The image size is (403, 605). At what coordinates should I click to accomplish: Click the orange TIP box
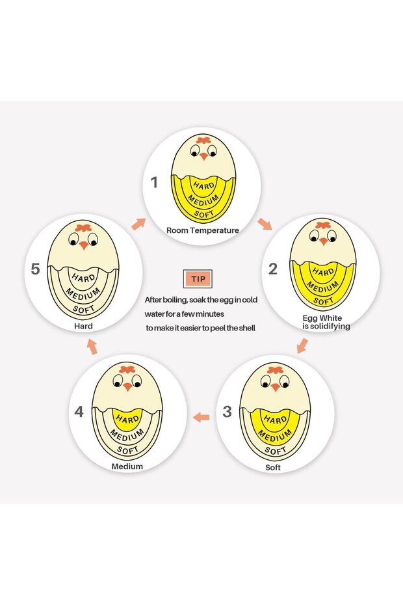198,278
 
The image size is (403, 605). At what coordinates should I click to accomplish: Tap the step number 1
154,182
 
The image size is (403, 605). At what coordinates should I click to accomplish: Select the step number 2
273,269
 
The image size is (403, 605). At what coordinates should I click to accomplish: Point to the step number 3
227,412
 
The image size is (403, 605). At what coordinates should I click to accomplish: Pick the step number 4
79,412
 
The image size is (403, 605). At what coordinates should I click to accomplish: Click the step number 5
35,269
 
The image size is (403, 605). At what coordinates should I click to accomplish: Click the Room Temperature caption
202,230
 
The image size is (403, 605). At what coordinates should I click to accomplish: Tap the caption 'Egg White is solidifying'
326,322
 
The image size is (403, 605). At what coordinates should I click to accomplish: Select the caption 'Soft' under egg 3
272,468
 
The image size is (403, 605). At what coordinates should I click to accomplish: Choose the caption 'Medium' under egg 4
127,466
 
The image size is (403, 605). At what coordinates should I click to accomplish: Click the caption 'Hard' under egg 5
83,326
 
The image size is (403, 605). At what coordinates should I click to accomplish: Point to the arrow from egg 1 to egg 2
265,224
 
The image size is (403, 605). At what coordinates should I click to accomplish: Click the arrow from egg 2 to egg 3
302,345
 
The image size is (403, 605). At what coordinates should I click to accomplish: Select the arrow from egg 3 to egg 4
201,417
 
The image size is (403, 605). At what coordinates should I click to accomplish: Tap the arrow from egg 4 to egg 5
92,347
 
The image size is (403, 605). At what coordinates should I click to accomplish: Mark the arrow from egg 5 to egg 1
138,224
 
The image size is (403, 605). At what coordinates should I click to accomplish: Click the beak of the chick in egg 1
203,156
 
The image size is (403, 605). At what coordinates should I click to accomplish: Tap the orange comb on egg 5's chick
83,227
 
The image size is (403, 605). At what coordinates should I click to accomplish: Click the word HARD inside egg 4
127,419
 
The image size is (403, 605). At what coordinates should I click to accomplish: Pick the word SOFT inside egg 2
323,301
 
